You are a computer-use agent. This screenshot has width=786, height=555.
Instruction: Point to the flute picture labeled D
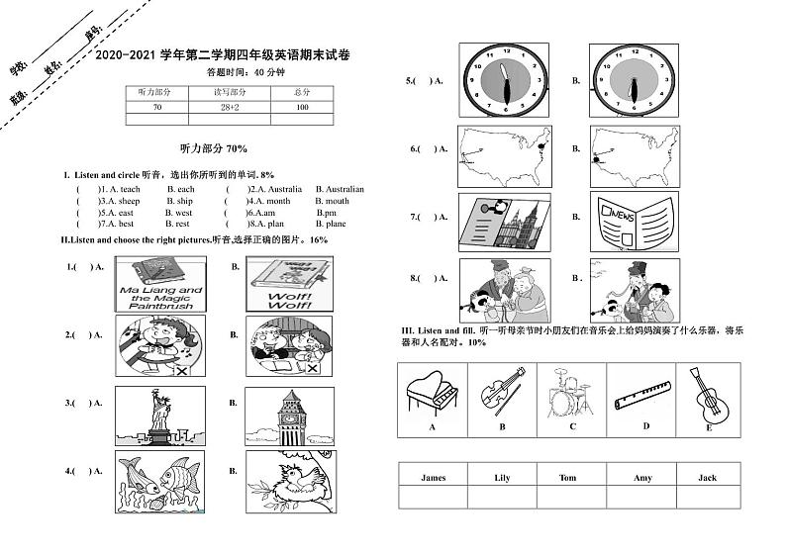[x=643, y=392]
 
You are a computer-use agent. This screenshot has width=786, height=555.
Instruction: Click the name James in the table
[x=434, y=478]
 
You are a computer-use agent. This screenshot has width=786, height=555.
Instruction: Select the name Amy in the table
[x=642, y=478]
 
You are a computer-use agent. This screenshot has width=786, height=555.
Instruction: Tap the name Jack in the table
[x=707, y=478]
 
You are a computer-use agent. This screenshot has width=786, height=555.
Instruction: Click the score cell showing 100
[x=302, y=107]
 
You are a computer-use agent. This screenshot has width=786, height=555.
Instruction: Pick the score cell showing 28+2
[x=231, y=107]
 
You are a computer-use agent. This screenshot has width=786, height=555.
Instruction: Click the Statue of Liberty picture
[x=158, y=415]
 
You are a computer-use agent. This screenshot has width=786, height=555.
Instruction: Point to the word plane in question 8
[x=337, y=224]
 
